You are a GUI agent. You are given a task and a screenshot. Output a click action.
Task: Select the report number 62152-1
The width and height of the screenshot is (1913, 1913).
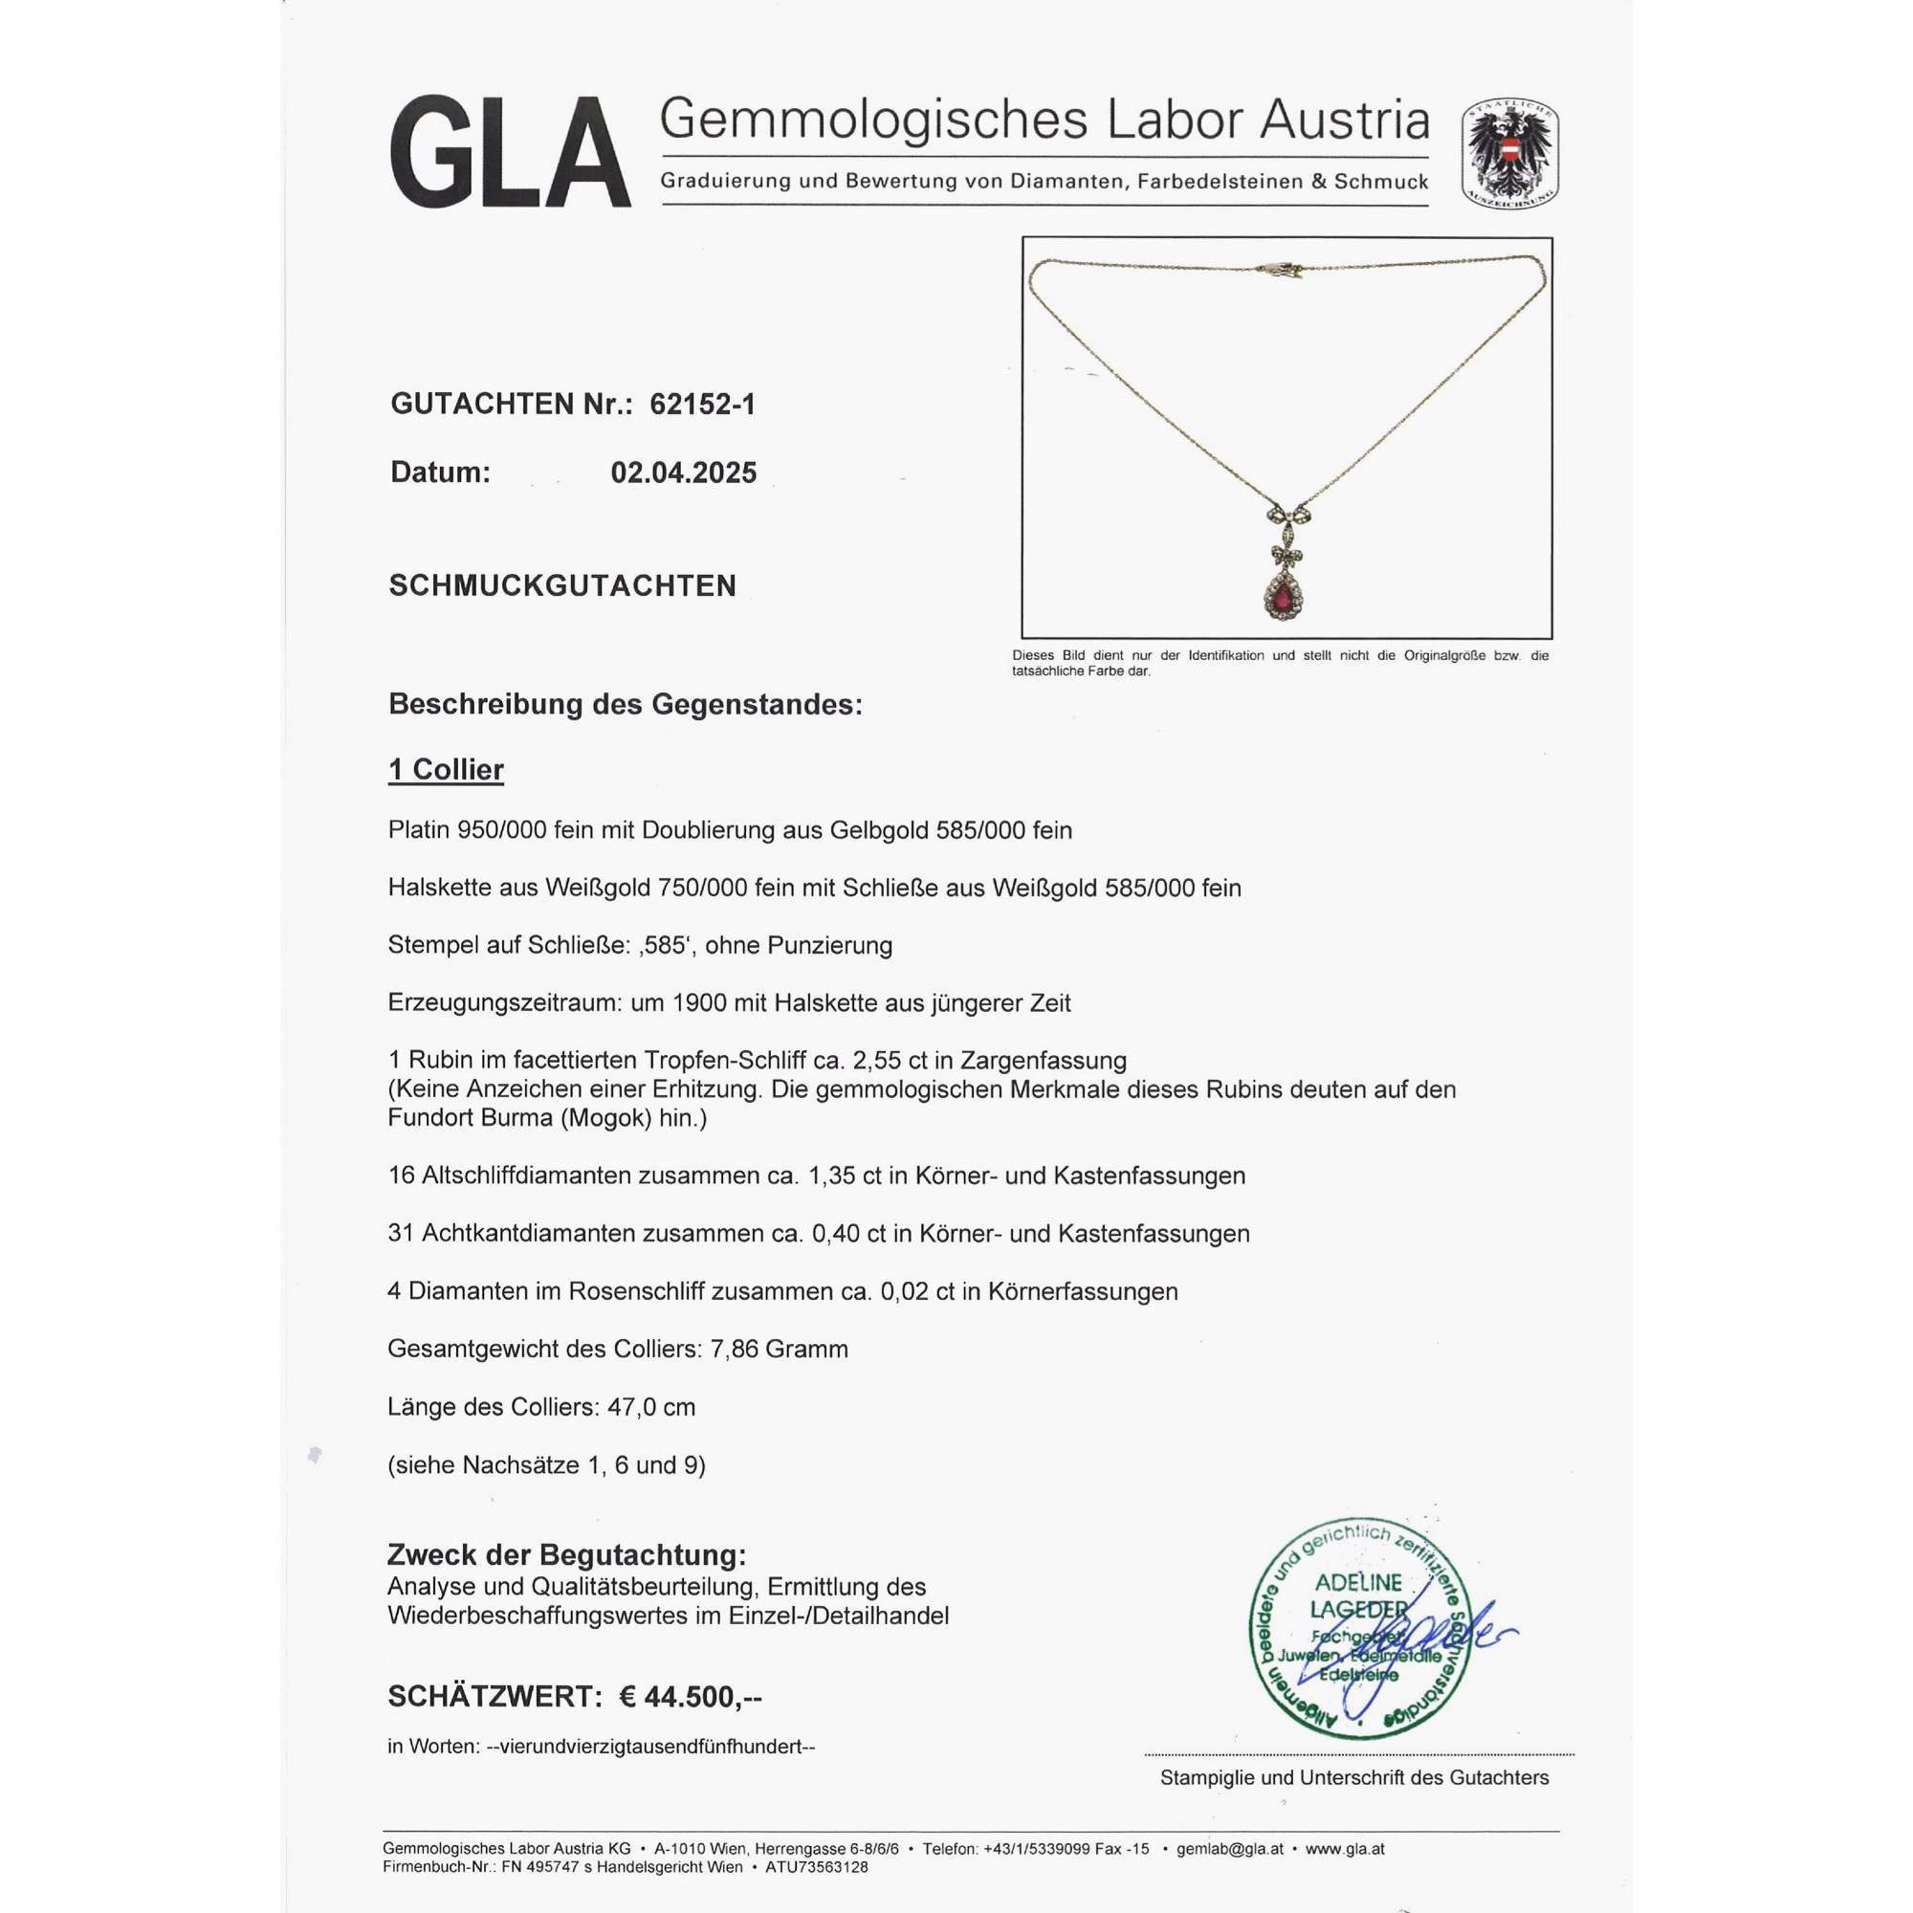(x=702, y=405)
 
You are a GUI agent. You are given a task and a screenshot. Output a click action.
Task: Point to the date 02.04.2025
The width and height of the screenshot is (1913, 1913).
(x=683, y=473)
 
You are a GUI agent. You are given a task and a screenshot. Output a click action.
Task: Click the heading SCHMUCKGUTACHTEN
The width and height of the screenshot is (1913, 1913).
(x=562, y=586)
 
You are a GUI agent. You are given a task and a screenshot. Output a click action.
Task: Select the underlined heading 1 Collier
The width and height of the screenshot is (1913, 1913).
(x=446, y=769)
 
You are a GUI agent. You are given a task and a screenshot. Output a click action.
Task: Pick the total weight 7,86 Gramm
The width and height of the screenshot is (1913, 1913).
(x=780, y=1349)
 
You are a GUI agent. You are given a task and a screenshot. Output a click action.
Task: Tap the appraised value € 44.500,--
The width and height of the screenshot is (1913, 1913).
(x=691, y=1697)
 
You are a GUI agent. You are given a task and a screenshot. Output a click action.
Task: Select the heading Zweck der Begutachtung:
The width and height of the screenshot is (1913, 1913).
(x=566, y=1555)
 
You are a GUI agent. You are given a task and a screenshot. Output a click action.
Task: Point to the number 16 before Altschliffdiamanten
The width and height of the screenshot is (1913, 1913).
(x=401, y=1176)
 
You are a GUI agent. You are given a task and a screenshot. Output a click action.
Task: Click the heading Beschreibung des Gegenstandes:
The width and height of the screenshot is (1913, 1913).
(x=625, y=705)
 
